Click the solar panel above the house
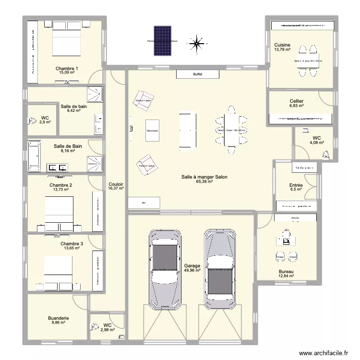[x=162, y=41]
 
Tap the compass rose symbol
[x=196, y=44]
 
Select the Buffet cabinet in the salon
[x=197, y=74]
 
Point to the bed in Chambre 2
[x=60, y=209]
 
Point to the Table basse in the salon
[x=152, y=131]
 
